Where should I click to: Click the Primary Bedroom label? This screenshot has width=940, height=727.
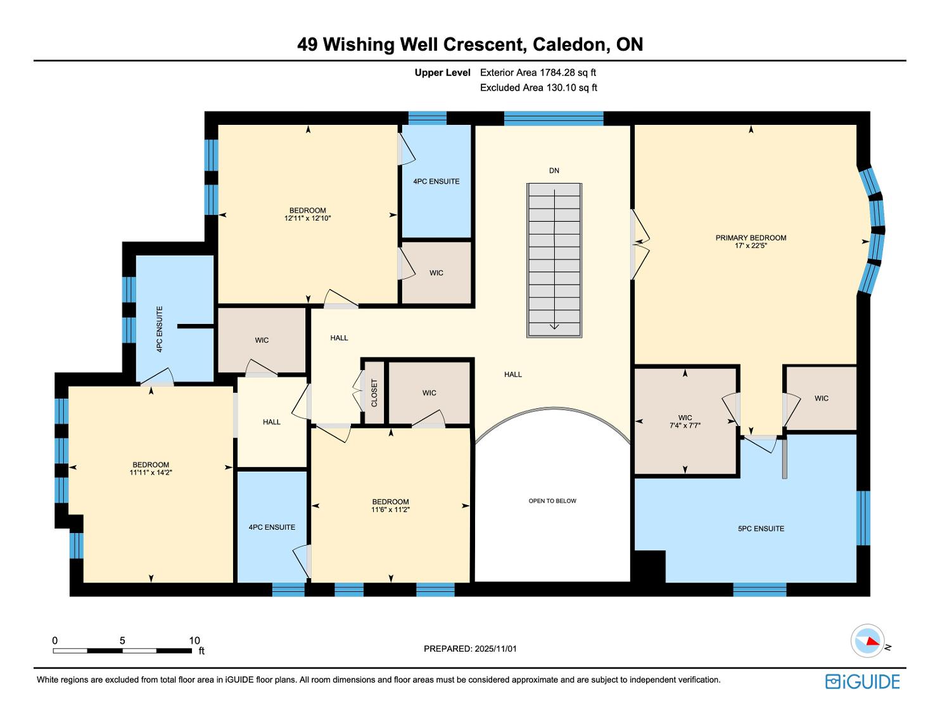751,238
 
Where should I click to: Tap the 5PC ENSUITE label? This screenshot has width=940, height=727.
761,529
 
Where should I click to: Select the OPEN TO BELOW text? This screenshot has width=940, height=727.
552,501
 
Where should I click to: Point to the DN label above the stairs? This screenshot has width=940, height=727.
554,170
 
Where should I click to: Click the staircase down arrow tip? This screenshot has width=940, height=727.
554,330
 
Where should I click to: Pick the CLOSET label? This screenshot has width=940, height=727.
374,393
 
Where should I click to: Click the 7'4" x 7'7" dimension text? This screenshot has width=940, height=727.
685,425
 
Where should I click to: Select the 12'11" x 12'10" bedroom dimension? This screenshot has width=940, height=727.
308,218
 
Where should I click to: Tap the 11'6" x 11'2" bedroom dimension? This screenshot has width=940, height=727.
390,510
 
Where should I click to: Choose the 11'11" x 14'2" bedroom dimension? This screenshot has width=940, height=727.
151,472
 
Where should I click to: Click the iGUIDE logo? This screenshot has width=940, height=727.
863,681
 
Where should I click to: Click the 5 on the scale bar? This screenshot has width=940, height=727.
122,640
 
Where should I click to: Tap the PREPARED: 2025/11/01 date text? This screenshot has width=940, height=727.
470,648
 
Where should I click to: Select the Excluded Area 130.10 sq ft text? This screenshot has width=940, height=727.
538,87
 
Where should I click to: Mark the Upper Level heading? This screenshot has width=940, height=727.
443,73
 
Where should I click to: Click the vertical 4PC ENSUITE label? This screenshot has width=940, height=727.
159,330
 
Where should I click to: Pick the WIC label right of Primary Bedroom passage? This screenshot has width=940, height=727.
822,398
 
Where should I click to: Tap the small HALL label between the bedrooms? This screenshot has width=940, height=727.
272,422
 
